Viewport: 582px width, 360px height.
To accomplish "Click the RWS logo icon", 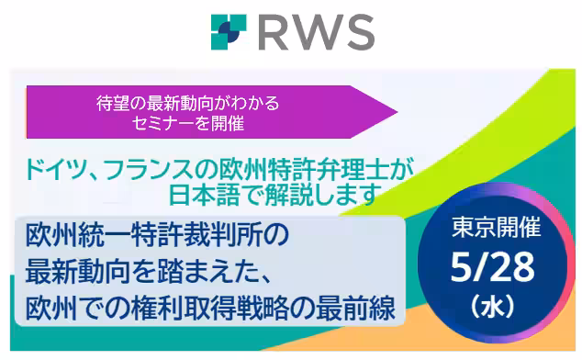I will pyautogui.click(x=228, y=31).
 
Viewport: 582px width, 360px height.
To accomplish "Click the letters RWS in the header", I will pyautogui.click(x=316, y=32).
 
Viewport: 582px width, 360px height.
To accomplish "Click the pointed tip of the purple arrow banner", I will pyautogui.click(x=395, y=112).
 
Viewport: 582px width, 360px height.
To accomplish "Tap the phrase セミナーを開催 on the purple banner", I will pyautogui.click(x=187, y=122).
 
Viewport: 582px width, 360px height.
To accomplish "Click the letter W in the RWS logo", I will pyautogui.click(x=315, y=32).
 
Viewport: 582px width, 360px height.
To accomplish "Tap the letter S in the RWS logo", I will pyautogui.click(x=358, y=32).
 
